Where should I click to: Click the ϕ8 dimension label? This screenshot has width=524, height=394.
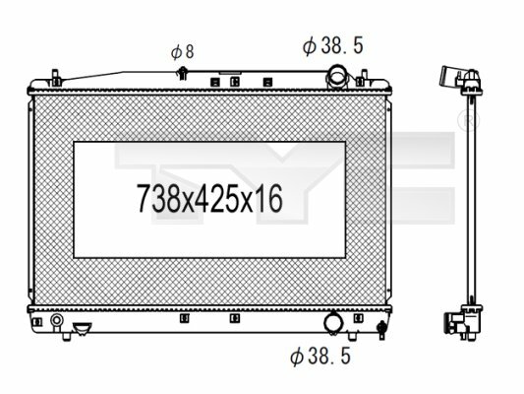click(183, 52)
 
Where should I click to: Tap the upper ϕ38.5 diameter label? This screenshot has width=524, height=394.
click(333, 46)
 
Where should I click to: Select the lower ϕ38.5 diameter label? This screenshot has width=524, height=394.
click(320, 356)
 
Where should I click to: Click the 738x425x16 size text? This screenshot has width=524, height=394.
click(209, 199)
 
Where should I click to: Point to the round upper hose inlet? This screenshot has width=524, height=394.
click(337, 77)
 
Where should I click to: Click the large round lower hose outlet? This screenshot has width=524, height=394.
click(333, 323)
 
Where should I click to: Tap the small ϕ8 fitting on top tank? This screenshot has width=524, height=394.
click(183, 74)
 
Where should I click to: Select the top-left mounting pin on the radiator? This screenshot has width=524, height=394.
click(56, 79)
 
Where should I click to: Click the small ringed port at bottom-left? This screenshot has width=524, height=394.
click(56, 320)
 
